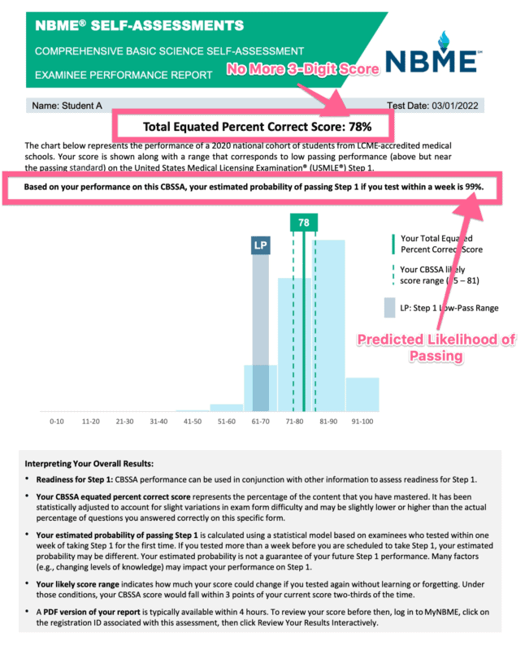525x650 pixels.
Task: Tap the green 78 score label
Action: (x=303, y=223)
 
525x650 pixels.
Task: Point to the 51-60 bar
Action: (x=227, y=407)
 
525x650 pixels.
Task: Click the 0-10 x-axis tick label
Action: (x=57, y=422)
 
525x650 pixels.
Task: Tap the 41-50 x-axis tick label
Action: (x=193, y=422)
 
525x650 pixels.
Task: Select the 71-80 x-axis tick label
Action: (x=295, y=422)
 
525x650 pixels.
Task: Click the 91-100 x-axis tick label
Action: (x=362, y=422)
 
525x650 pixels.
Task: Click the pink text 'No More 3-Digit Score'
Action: (x=303, y=70)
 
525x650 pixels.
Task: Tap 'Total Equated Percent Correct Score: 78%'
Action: (x=257, y=127)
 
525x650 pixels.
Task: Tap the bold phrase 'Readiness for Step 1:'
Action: (x=83, y=480)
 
